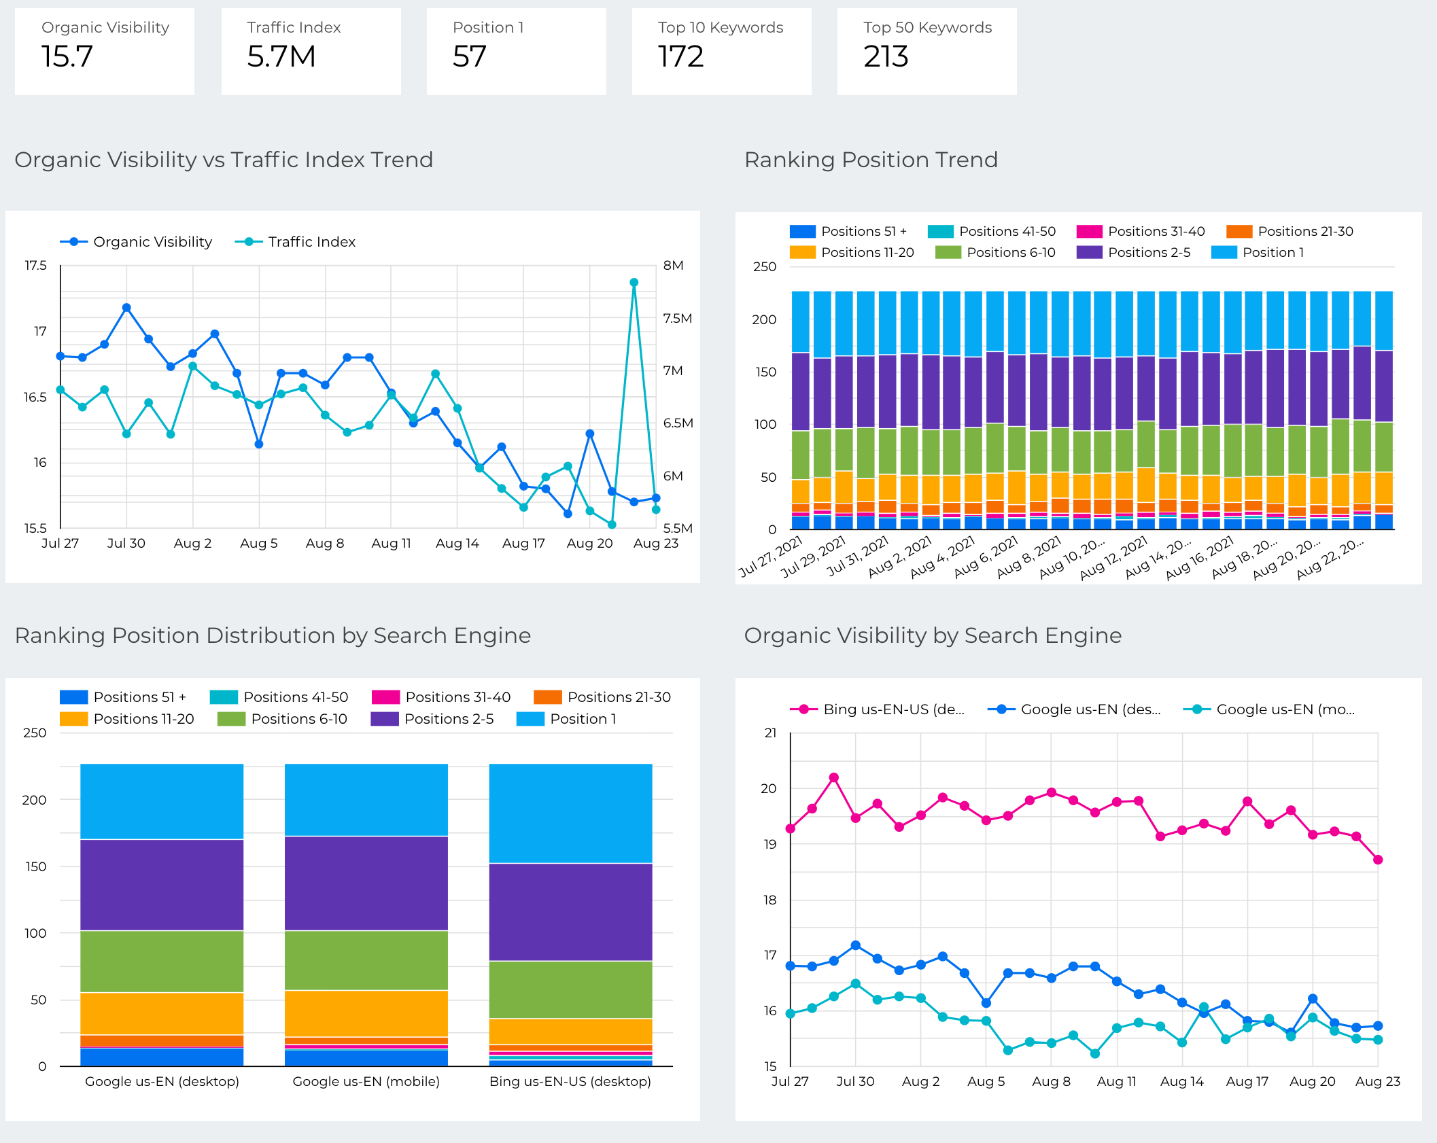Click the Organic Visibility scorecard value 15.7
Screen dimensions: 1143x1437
(67, 56)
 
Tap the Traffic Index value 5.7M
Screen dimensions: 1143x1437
(281, 56)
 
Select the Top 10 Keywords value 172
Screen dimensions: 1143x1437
(680, 56)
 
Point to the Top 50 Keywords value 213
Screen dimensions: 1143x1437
(886, 56)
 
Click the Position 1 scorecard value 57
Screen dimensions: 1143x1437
(470, 56)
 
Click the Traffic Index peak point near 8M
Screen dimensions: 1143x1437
(634, 283)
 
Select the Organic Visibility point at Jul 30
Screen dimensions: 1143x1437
(126, 308)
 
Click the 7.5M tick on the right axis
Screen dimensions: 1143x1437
(677, 318)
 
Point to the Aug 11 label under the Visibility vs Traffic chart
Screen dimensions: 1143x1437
(391, 543)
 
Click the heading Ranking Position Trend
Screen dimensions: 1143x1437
(871, 160)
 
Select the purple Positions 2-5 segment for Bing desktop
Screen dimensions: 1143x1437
(570, 911)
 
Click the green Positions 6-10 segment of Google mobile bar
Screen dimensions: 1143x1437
(366, 960)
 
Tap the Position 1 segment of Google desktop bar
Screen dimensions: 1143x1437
(162, 801)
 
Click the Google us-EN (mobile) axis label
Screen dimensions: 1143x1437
(366, 1081)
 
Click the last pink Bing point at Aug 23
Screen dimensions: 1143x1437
(1378, 860)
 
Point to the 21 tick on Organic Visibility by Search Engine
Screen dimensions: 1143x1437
(770, 733)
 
